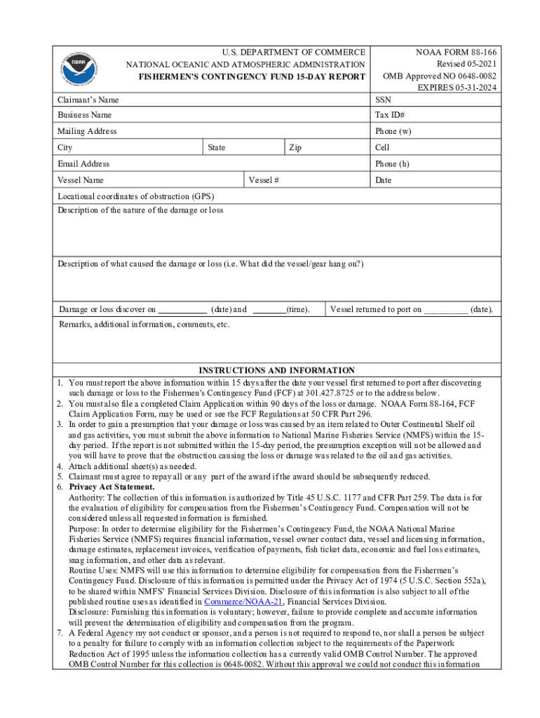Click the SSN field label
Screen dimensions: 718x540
[x=383, y=100]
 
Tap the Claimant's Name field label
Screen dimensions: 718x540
[x=88, y=100]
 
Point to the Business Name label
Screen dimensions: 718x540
[x=85, y=115]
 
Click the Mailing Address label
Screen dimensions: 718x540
[x=87, y=131]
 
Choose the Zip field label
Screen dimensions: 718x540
[x=295, y=148]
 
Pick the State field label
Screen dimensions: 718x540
[x=217, y=148]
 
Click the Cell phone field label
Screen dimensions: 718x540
[x=382, y=148]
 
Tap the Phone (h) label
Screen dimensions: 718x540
[x=393, y=164]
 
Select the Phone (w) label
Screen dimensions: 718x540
[x=393, y=131]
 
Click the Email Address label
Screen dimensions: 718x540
[x=83, y=164]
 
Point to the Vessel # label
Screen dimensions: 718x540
[x=264, y=181]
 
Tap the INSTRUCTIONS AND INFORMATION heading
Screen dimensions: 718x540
[x=276, y=370]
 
